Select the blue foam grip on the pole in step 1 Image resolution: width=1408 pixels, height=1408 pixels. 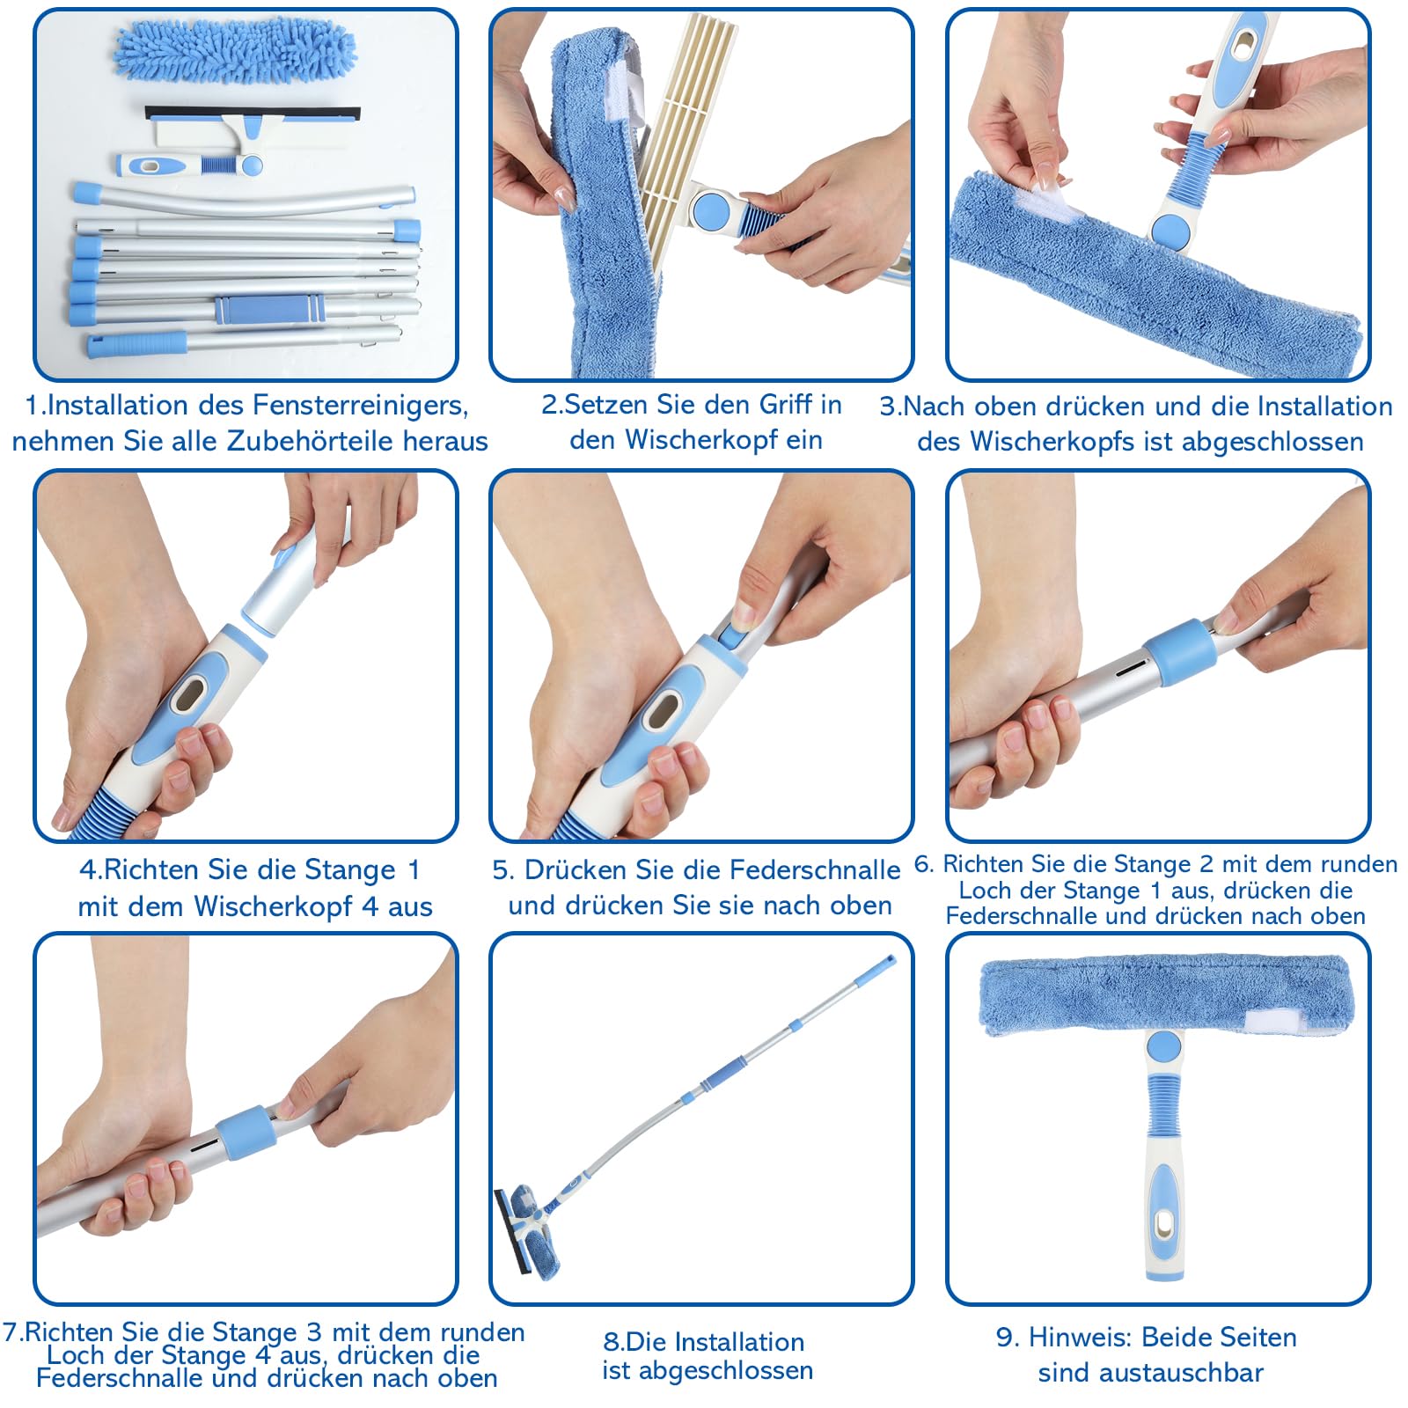[x=269, y=309]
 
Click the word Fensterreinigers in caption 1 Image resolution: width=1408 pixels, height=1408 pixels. [x=360, y=406]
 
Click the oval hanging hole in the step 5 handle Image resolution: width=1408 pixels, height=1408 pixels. [x=664, y=709]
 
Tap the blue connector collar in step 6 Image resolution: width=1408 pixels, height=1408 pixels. [x=1179, y=652]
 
